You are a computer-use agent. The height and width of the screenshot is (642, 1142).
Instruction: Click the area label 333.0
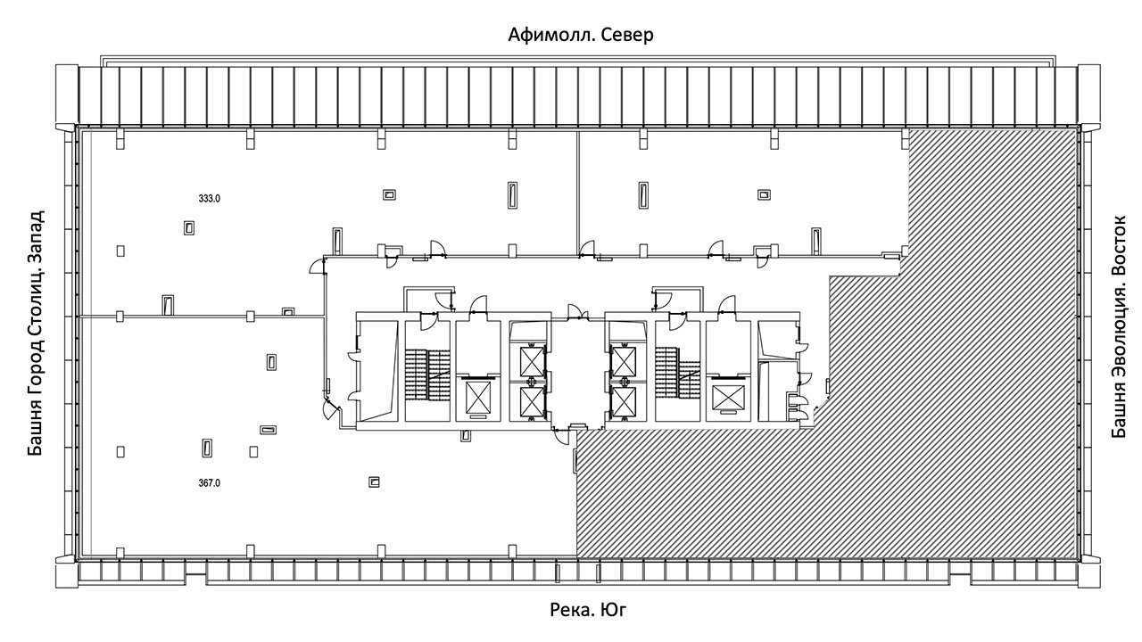tap(209, 199)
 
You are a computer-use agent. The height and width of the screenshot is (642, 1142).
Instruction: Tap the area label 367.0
tap(209, 483)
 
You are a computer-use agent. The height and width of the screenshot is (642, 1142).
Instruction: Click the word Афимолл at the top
tap(551, 35)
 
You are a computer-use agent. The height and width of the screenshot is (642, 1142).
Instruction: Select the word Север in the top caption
tap(627, 35)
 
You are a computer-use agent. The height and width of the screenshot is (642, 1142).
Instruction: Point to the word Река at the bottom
tap(570, 609)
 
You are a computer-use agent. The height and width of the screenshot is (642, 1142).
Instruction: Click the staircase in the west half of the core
tap(427, 374)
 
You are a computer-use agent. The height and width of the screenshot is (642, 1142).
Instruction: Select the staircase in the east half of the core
tap(677, 374)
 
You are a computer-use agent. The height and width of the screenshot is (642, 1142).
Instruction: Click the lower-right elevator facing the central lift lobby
tap(623, 402)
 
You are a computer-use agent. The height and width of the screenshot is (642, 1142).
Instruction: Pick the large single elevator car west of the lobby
tap(478, 397)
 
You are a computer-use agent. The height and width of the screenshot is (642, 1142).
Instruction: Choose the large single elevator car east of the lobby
tap(728, 398)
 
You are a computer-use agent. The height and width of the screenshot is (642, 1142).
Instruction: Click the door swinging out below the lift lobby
tap(564, 437)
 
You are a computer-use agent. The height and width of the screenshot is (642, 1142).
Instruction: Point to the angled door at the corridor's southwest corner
tap(331, 408)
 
